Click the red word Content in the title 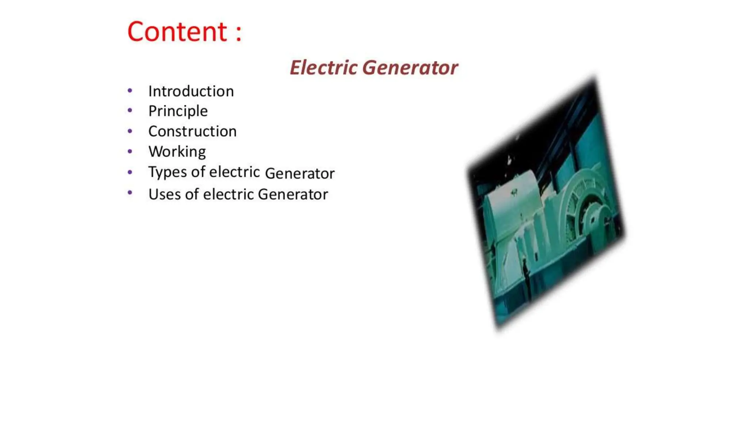pos(177,32)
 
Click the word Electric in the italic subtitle pos(323,68)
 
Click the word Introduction pos(191,91)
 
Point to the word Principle pos(178,111)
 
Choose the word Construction pos(192,132)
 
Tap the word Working pos(177,152)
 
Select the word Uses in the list pos(164,194)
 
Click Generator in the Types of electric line pos(299,174)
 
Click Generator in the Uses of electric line pos(293,194)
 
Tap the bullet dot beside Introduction pos(130,90)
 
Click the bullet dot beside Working pos(130,151)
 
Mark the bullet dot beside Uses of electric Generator pos(130,193)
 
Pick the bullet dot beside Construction pos(130,131)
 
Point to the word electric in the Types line pos(234,172)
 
